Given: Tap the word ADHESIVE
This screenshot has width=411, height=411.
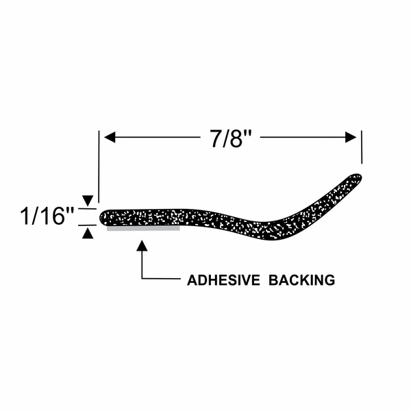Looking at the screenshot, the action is tap(223, 280).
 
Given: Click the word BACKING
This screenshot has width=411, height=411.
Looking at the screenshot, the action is tap(301, 280).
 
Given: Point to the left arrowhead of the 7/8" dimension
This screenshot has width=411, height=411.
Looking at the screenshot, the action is tap(110, 138).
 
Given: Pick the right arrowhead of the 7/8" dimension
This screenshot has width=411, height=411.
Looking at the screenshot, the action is tap(351, 138).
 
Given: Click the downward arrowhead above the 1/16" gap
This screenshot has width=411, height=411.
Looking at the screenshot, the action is tap(88, 201).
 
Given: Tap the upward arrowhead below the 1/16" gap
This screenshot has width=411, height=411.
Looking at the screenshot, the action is tap(88, 234).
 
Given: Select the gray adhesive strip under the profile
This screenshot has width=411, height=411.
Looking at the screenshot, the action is tap(143, 229).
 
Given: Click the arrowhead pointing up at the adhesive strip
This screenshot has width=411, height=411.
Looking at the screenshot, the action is tap(142, 246).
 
